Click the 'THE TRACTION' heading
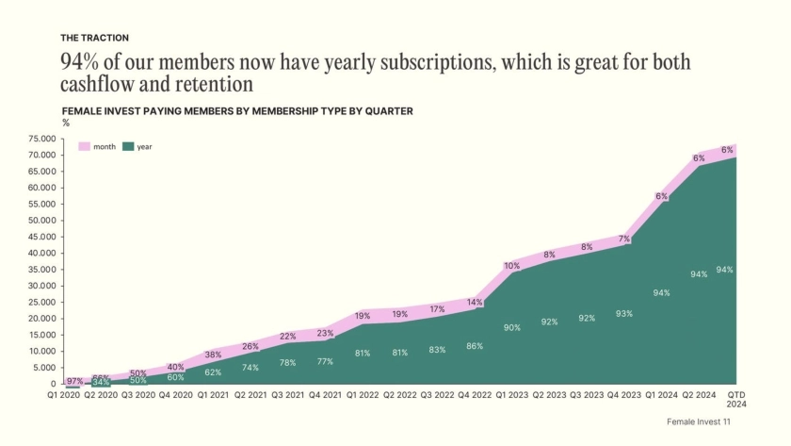[x=94, y=38]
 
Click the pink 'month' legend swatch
[x=84, y=147]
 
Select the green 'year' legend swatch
[x=128, y=147]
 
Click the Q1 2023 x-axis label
[x=511, y=396]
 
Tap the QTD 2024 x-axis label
[x=736, y=400]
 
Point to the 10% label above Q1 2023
[x=511, y=266]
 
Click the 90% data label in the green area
[x=511, y=327]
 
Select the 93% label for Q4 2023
[x=624, y=313]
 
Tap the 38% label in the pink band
[x=213, y=355]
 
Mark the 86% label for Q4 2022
[x=474, y=346]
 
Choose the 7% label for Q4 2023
[x=624, y=240]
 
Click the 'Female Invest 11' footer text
[x=698, y=421]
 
